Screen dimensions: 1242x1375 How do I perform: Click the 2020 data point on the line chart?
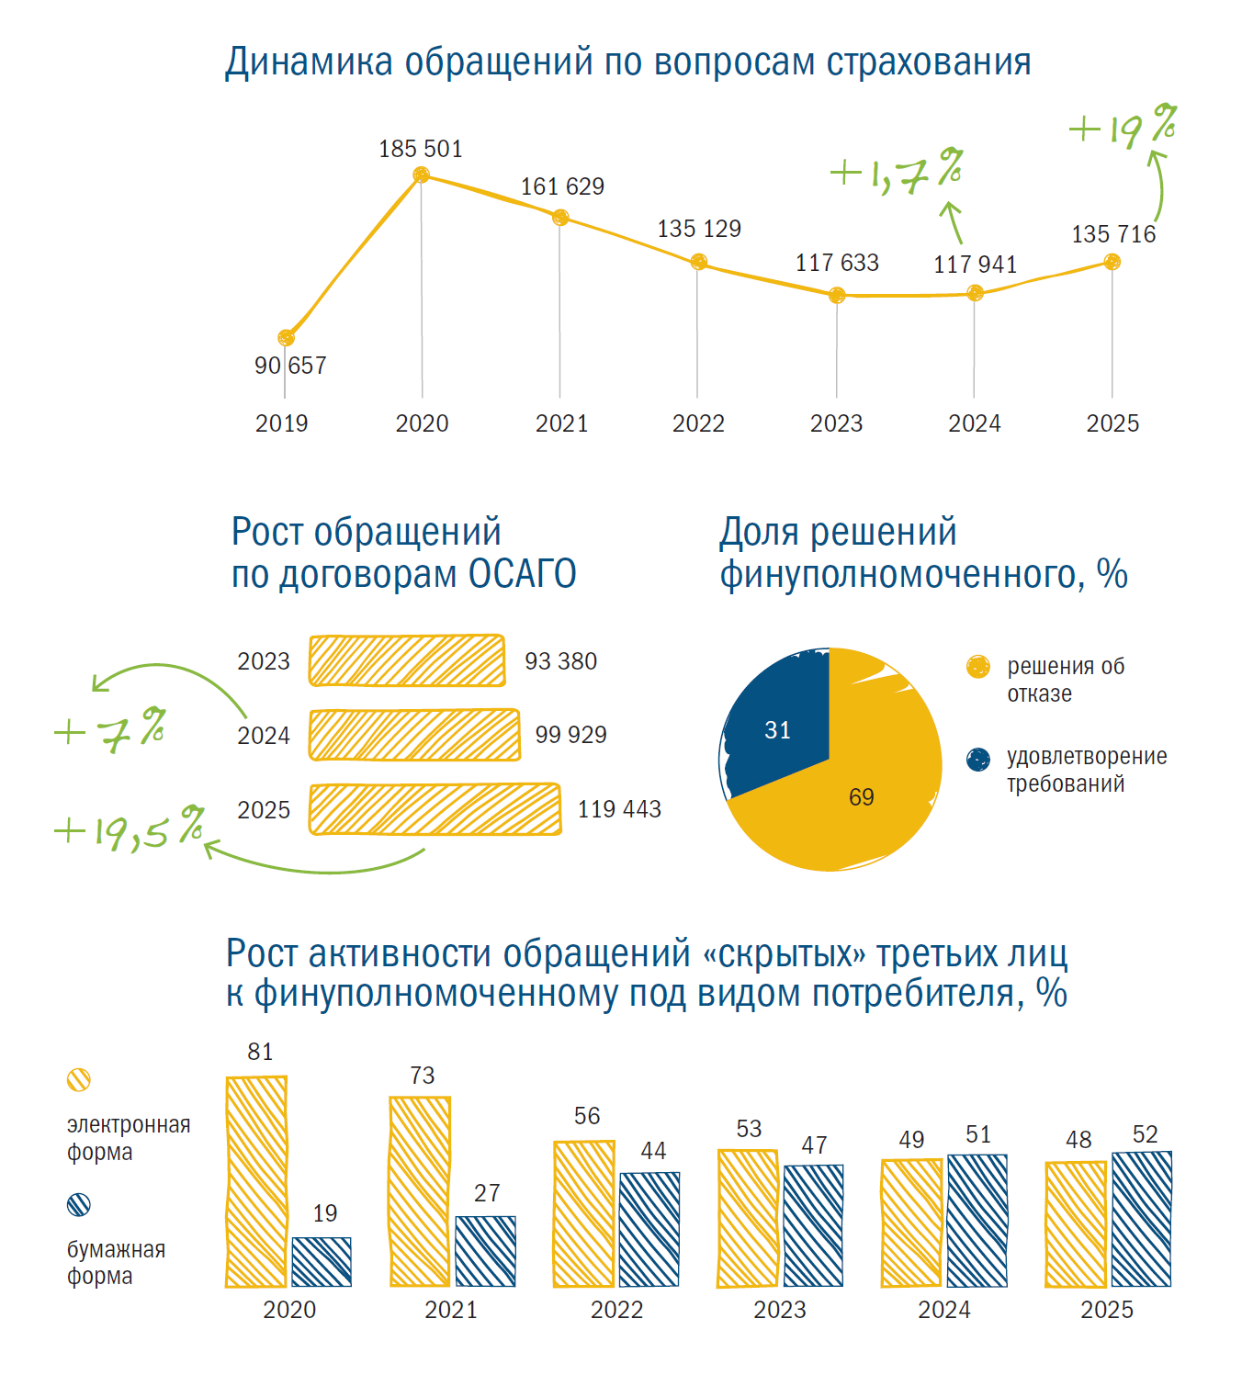point(421,175)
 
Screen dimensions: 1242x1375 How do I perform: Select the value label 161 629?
point(562,186)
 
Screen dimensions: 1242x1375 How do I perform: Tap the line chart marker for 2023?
point(837,296)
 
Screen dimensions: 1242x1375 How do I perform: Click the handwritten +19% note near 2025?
point(1123,127)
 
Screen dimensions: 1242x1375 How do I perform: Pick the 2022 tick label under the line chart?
point(698,423)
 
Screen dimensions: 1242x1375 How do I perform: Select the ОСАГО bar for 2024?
point(414,735)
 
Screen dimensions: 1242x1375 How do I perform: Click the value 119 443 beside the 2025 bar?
point(619,809)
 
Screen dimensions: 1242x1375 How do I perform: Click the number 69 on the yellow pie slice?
point(862,796)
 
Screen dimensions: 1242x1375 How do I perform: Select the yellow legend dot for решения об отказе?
point(978,667)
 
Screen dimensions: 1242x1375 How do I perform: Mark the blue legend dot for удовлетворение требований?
point(978,760)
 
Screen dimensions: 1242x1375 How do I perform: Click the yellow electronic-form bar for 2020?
point(256,1181)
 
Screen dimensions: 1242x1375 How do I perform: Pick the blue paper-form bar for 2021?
point(486,1251)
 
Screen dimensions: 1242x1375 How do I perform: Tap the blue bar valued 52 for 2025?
point(1141,1219)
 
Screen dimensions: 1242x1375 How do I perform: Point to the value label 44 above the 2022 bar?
point(653,1150)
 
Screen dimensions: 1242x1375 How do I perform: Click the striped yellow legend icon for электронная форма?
point(79,1079)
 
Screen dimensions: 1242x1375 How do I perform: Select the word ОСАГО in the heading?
point(522,574)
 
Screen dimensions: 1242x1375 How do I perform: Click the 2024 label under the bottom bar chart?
point(944,1310)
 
